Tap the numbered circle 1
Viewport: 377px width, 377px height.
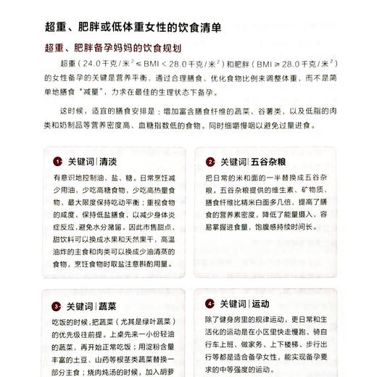click(57, 162)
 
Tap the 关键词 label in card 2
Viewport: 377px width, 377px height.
click(233, 162)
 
